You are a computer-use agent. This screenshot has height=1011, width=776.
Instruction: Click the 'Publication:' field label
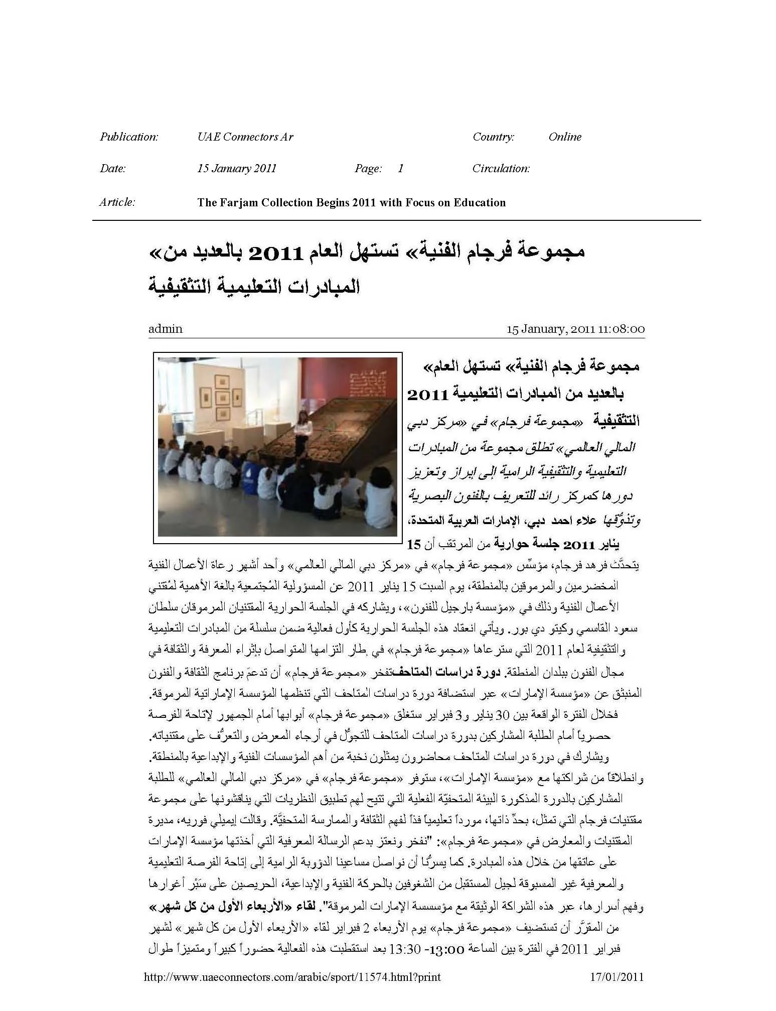[129, 137]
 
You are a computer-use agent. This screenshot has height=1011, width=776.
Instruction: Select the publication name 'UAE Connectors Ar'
[245, 137]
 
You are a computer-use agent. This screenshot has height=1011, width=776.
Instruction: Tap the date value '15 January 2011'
[236, 168]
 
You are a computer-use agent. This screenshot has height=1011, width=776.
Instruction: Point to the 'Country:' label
[493, 137]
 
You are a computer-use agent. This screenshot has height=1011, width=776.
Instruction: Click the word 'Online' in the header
[565, 137]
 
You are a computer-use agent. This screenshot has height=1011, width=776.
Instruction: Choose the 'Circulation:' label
[501, 168]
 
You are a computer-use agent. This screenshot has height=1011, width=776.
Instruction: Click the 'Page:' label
[368, 168]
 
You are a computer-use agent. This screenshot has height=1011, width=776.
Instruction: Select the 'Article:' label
[117, 202]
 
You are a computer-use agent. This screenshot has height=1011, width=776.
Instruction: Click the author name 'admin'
[165, 329]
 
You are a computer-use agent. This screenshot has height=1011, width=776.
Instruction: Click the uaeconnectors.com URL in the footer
[292, 977]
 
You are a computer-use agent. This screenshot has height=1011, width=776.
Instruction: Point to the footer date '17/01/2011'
[615, 977]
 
